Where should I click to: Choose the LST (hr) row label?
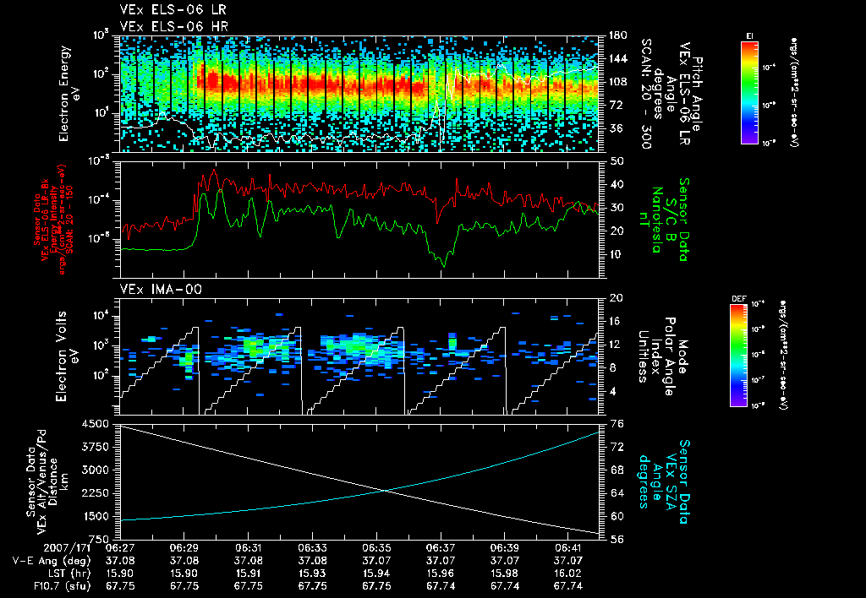click(x=70, y=573)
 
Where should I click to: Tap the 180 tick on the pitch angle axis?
click(x=617, y=35)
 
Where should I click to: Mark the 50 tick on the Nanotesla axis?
click(x=617, y=160)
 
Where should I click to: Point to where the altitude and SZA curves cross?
click(x=385, y=490)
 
